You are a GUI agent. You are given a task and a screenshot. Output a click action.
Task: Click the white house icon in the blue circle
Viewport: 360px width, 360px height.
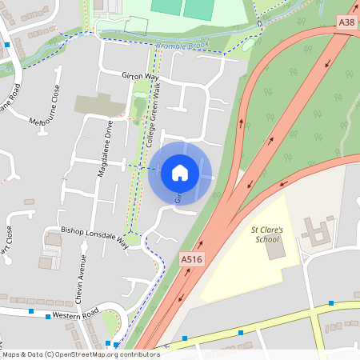[179, 173]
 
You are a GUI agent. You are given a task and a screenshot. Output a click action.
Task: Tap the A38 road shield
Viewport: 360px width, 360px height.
[346, 23]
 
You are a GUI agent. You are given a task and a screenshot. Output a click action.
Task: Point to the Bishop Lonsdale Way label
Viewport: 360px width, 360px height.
[95, 233]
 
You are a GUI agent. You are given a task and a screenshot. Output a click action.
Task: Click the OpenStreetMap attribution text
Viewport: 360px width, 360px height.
[80, 354]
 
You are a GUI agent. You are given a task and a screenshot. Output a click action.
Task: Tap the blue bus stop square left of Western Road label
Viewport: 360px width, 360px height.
[30, 310]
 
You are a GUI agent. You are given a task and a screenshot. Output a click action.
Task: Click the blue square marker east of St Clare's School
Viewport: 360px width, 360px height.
[331, 303]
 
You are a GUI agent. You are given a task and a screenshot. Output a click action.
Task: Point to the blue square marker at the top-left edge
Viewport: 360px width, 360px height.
[7, 45]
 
